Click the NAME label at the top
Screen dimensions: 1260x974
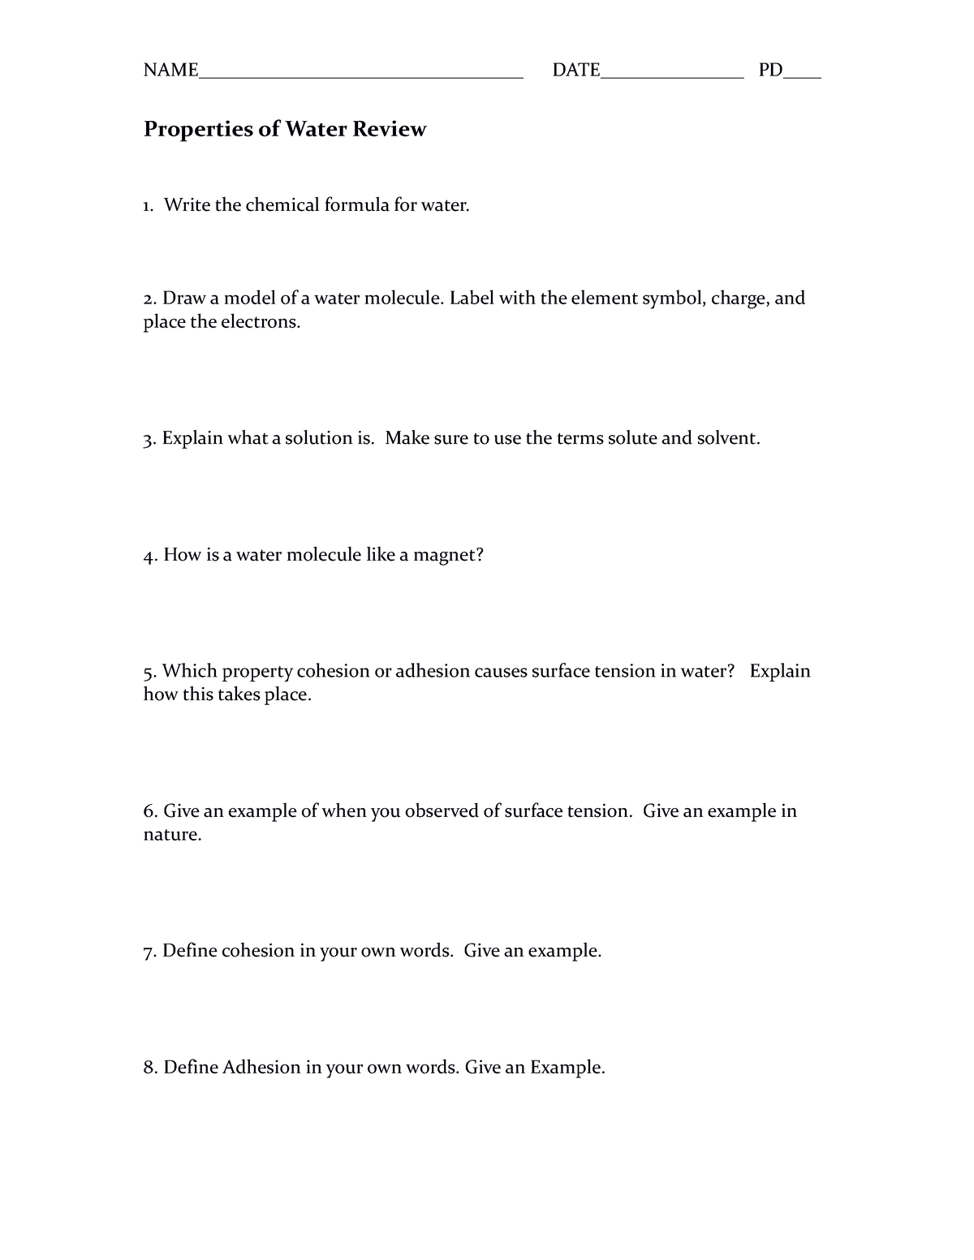[x=170, y=71]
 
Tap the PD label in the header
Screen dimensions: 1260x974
[x=770, y=71]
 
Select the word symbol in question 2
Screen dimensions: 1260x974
[x=673, y=299]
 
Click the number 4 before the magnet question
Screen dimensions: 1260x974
[x=148, y=556]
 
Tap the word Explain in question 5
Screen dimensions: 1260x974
[x=780, y=672]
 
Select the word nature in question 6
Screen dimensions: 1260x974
[x=171, y=835]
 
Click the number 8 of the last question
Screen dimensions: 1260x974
[x=148, y=1068]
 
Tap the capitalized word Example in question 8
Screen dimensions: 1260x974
[x=567, y=1068]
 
